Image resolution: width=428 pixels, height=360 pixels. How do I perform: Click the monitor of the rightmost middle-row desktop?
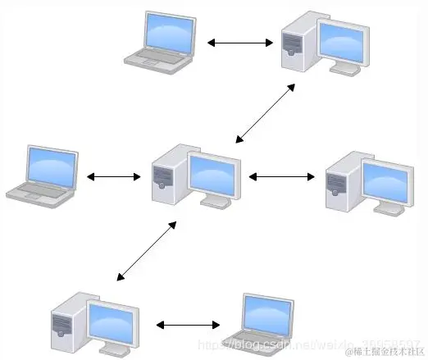click(x=385, y=182)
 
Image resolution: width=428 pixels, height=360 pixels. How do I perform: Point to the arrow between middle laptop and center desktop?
click(x=114, y=176)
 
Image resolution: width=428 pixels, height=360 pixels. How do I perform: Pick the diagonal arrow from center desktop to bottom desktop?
click(x=146, y=250)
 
